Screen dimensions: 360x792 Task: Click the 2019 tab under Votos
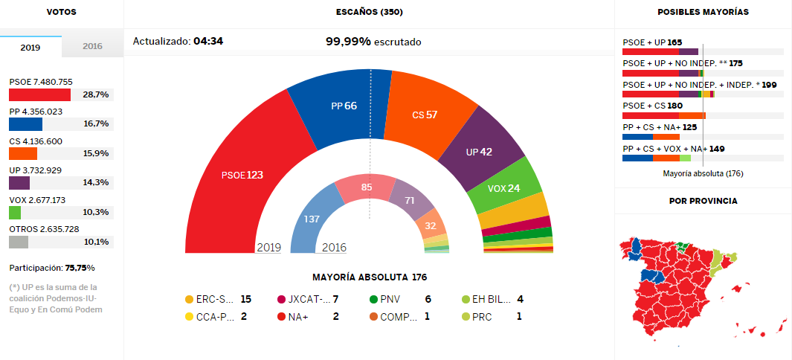[x=30, y=46]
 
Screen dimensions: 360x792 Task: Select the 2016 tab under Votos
[x=92, y=46]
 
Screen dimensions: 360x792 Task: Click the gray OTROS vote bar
[x=19, y=242]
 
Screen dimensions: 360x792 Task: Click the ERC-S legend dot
[x=189, y=300]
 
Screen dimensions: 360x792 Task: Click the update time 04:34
[x=207, y=42]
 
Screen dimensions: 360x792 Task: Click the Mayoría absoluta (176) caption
[x=702, y=173]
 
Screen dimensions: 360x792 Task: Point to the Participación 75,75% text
[x=51, y=268]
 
